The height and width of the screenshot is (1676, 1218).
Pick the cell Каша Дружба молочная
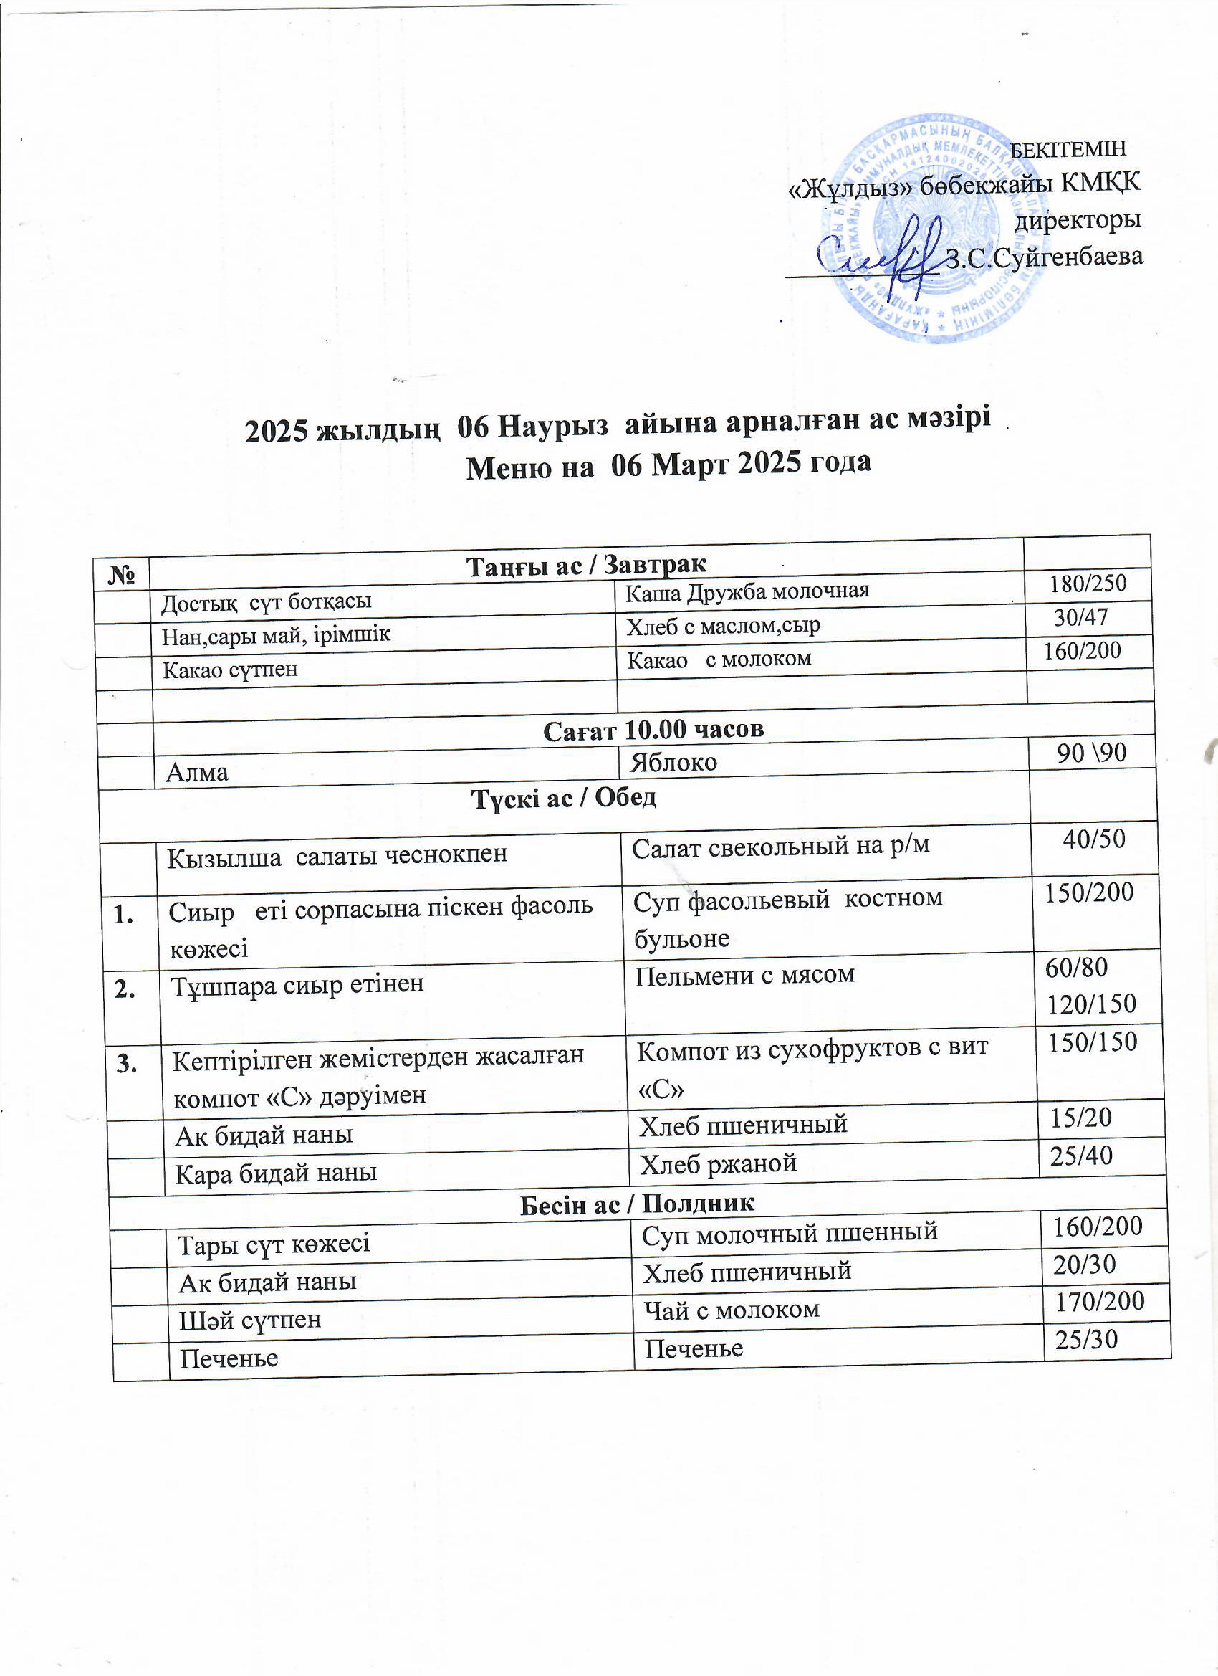click(747, 591)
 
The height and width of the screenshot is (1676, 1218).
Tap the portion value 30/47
click(1080, 617)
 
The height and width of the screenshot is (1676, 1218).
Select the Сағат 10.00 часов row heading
click(653, 730)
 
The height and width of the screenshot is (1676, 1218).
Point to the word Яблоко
click(673, 762)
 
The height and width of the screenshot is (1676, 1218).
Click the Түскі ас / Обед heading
click(564, 797)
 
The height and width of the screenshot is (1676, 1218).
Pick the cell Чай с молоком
click(732, 1310)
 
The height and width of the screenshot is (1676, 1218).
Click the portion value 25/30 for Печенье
click(1086, 1339)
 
